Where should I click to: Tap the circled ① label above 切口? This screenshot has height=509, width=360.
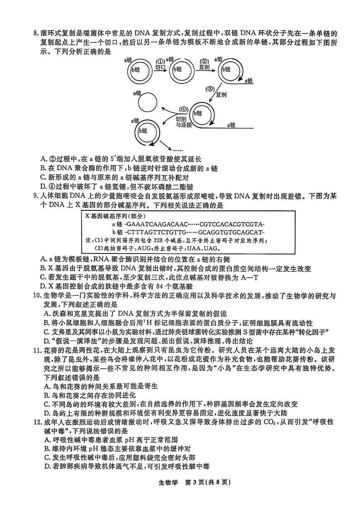tap(161, 61)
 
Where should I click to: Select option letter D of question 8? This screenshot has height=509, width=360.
tap(43, 187)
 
